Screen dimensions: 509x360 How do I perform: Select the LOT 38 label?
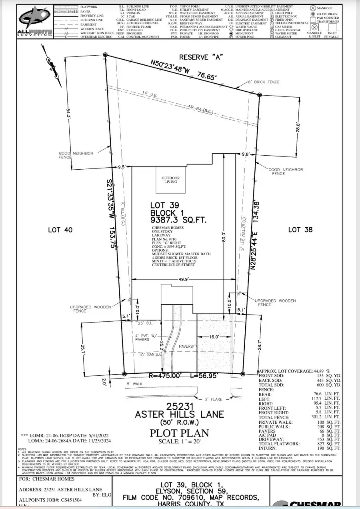coord(300,230)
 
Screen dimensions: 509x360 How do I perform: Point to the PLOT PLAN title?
coord(180,433)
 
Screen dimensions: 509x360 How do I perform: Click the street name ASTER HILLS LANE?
coord(180,414)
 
